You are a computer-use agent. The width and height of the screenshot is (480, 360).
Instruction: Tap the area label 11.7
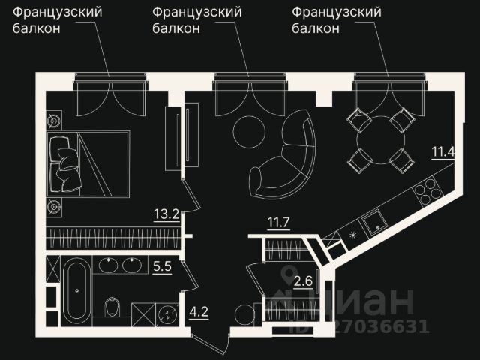click(x=279, y=222)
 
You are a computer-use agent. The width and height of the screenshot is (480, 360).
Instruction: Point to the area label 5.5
click(x=163, y=265)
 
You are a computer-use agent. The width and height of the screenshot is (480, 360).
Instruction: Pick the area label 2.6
click(x=303, y=282)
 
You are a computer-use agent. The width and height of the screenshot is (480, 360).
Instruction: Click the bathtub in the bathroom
click(x=76, y=290)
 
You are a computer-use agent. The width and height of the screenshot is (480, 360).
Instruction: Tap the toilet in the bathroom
click(x=112, y=306)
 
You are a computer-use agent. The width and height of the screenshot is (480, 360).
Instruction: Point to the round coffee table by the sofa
click(x=249, y=133)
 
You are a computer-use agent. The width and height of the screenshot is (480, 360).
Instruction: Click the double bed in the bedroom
click(x=88, y=163)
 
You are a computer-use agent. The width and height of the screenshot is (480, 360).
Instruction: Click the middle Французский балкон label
click(x=196, y=20)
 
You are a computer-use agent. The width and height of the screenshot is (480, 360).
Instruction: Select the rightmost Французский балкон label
click(x=336, y=20)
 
